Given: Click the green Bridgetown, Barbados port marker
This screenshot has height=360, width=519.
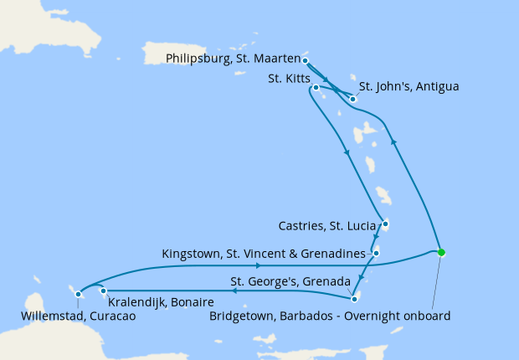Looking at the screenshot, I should click(x=441, y=252).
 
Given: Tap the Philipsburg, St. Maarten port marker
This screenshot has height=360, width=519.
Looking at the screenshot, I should click(x=305, y=60).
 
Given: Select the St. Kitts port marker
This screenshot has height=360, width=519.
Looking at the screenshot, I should click(x=316, y=87).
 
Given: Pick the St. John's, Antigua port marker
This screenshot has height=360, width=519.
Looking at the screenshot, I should click(x=353, y=100).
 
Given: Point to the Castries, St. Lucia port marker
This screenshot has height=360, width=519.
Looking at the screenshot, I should click(x=385, y=224).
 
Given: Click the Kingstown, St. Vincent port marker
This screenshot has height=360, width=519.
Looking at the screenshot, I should click(x=377, y=253).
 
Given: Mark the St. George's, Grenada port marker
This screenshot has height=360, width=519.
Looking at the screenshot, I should click(x=354, y=299).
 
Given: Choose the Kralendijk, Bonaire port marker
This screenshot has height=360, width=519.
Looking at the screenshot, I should click(x=103, y=291).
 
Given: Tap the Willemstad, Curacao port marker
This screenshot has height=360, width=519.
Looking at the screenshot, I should click(x=78, y=294).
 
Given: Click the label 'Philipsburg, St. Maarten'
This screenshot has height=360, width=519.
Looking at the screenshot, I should click(x=232, y=59).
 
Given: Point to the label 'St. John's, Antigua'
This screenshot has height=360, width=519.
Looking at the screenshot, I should click(x=409, y=86).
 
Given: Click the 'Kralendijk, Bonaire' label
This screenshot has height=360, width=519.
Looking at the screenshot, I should click(x=158, y=301).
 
